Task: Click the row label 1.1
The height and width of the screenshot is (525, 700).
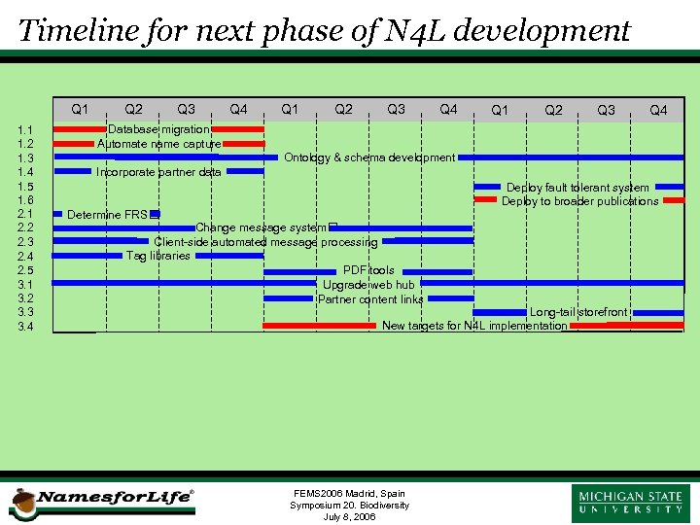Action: point(26,130)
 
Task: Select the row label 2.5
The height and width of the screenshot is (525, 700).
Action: point(26,270)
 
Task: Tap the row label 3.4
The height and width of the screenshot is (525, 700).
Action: point(26,327)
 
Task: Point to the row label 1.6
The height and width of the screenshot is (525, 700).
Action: point(26,200)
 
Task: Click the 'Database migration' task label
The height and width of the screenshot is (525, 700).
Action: point(158,129)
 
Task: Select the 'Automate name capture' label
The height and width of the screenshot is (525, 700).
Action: point(158,144)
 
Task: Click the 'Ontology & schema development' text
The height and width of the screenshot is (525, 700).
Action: point(368,157)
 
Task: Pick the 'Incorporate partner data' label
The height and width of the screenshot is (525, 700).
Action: point(158,173)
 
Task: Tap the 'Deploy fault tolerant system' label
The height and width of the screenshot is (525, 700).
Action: point(577,188)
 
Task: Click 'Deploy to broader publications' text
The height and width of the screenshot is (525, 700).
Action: point(579,201)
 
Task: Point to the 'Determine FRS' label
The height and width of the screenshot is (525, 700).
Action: point(108,215)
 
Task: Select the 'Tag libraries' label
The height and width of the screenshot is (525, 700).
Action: point(158,256)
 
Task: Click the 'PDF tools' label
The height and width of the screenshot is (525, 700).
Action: point(368,270)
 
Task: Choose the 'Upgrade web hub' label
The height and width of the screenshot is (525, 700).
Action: point(368,285)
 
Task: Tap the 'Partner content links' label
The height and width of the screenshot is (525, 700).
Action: point(370,299)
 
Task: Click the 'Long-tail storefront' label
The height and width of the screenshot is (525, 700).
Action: point(577,313)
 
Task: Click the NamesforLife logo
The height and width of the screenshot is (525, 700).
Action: point(102,500)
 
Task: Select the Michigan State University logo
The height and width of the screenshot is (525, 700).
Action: point(631,503)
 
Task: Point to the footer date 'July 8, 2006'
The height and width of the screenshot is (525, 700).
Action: point(349,517)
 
